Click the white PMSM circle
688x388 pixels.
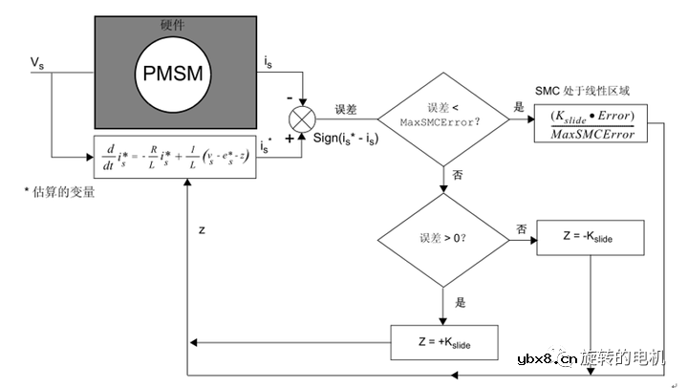[175, 73]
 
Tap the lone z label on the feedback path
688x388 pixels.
[202, 230]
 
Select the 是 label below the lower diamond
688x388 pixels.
[460, 302]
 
